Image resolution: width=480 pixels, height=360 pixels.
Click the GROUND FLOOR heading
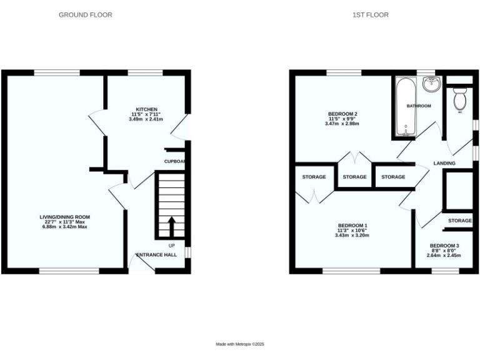pos(86,14)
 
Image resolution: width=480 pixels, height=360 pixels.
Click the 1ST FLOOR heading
pos(370,14)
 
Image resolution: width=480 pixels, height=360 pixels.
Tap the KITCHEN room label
pos(144,109)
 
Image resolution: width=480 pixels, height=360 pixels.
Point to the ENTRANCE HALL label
pos(157,255)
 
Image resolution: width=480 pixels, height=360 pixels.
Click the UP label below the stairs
pos(171,245)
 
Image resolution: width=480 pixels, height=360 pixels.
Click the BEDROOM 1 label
pos(352,225)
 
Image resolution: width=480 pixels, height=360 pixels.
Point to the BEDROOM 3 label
pos(444,246)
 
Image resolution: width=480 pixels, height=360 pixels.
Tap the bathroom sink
pos(432,84)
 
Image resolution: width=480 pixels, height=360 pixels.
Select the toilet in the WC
pos(460,98)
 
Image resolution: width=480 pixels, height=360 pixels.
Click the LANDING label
pos(444,164)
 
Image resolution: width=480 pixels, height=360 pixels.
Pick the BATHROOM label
pos(419,106)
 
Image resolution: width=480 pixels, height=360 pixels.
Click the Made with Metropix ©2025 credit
pos(240,344)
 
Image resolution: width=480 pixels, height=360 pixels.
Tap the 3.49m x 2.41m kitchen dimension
pos(144,119)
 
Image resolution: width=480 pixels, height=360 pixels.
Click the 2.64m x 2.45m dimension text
pos(444,255)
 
